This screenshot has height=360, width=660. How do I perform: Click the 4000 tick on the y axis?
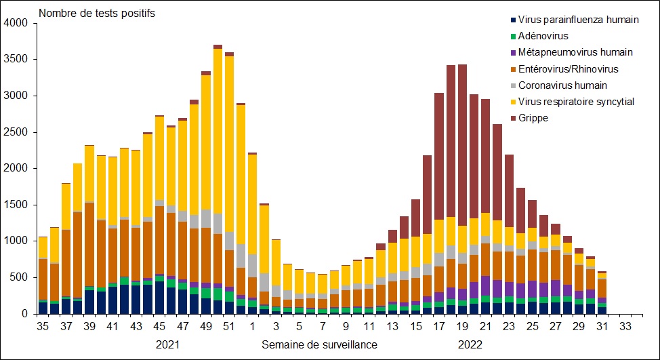click(16, 23)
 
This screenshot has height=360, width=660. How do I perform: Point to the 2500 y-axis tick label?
click(16, 132)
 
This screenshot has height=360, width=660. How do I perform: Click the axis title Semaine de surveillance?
click(319, 344)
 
